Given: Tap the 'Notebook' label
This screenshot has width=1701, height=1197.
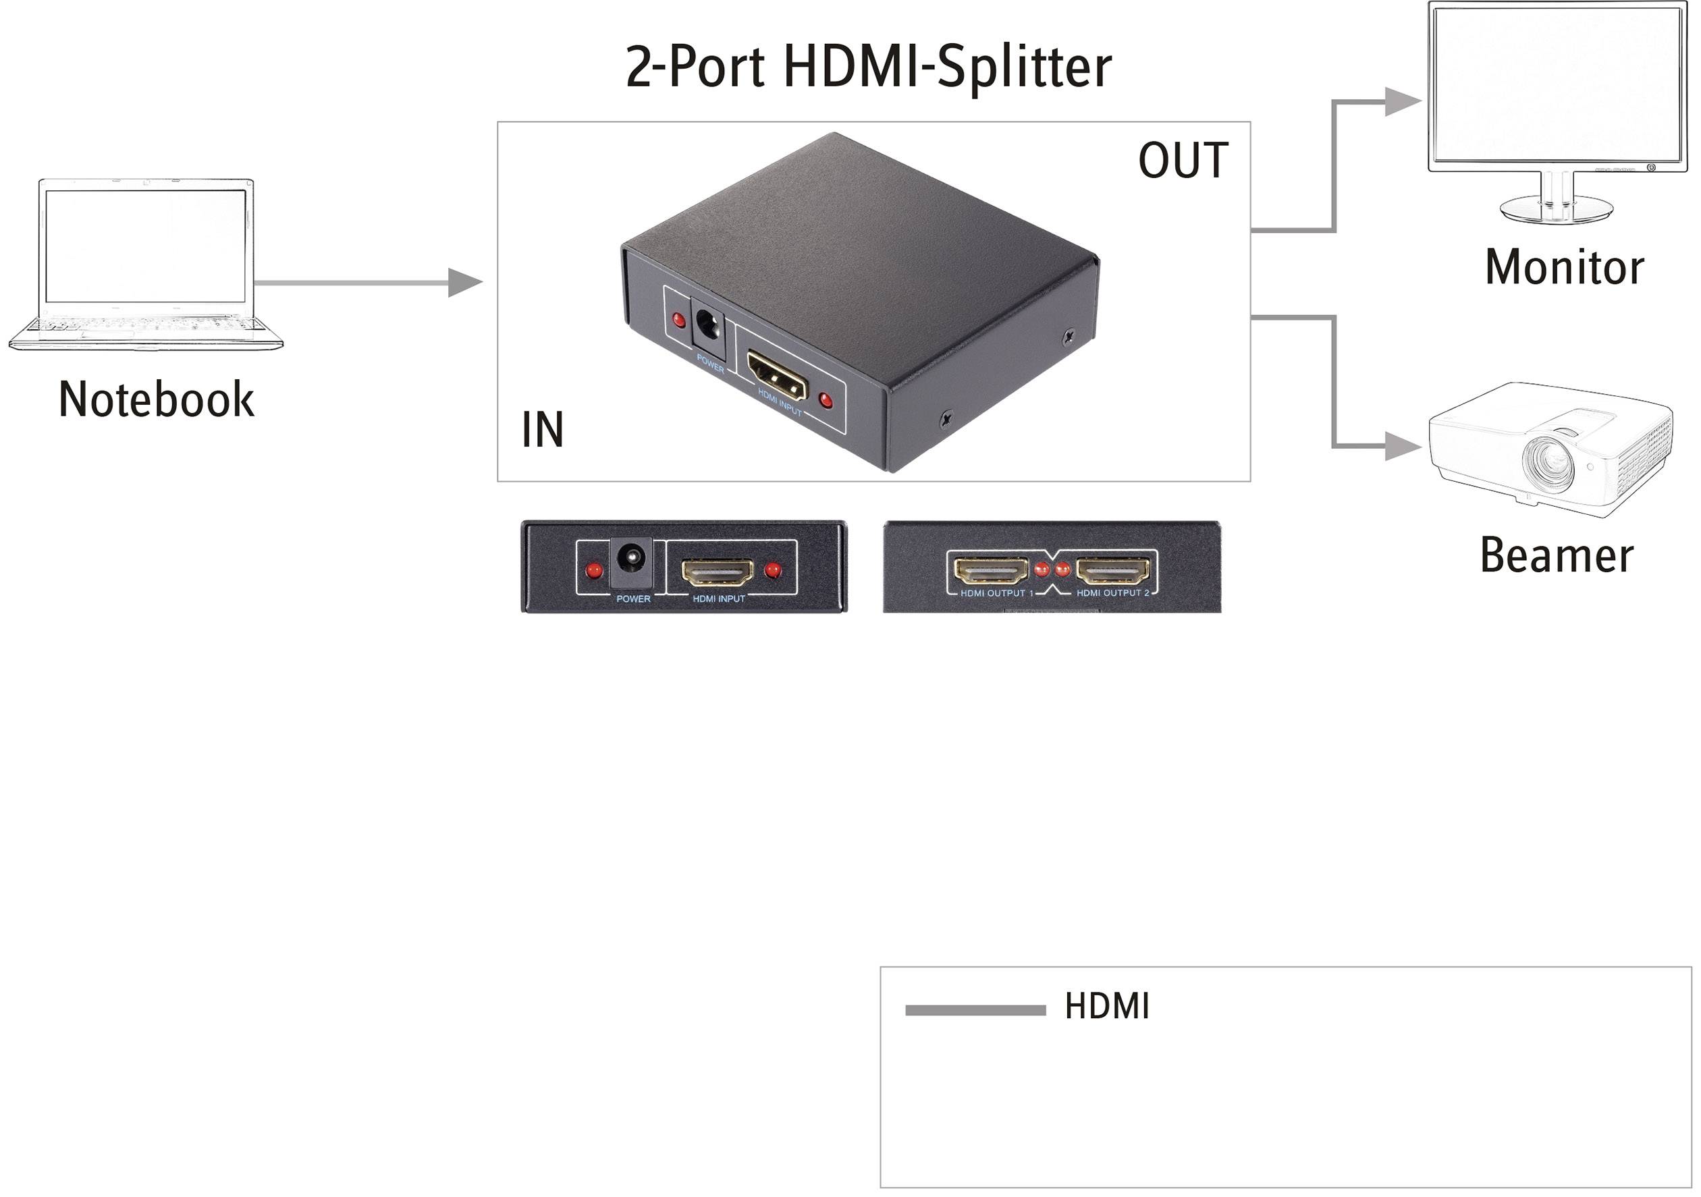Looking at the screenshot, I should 157,400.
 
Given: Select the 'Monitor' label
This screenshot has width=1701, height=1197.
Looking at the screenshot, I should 1564,267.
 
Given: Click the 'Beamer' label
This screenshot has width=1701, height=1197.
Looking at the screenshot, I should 1557,555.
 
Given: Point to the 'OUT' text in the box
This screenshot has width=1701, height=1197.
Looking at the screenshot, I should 1183,161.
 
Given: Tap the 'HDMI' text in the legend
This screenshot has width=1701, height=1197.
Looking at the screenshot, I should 1107,1007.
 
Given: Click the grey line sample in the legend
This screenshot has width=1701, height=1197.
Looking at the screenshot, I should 975,1010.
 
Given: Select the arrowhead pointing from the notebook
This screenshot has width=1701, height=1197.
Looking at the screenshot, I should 465,282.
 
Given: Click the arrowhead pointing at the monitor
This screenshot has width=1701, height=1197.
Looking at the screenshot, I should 1402,101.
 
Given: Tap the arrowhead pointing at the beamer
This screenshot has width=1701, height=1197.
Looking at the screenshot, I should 1402,447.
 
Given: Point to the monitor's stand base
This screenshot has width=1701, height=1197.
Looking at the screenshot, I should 1556,209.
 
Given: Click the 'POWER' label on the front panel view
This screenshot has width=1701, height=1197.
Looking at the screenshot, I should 633,598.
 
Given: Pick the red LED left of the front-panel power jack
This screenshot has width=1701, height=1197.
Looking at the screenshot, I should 593,571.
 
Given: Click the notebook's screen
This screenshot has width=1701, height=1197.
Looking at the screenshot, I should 145,246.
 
